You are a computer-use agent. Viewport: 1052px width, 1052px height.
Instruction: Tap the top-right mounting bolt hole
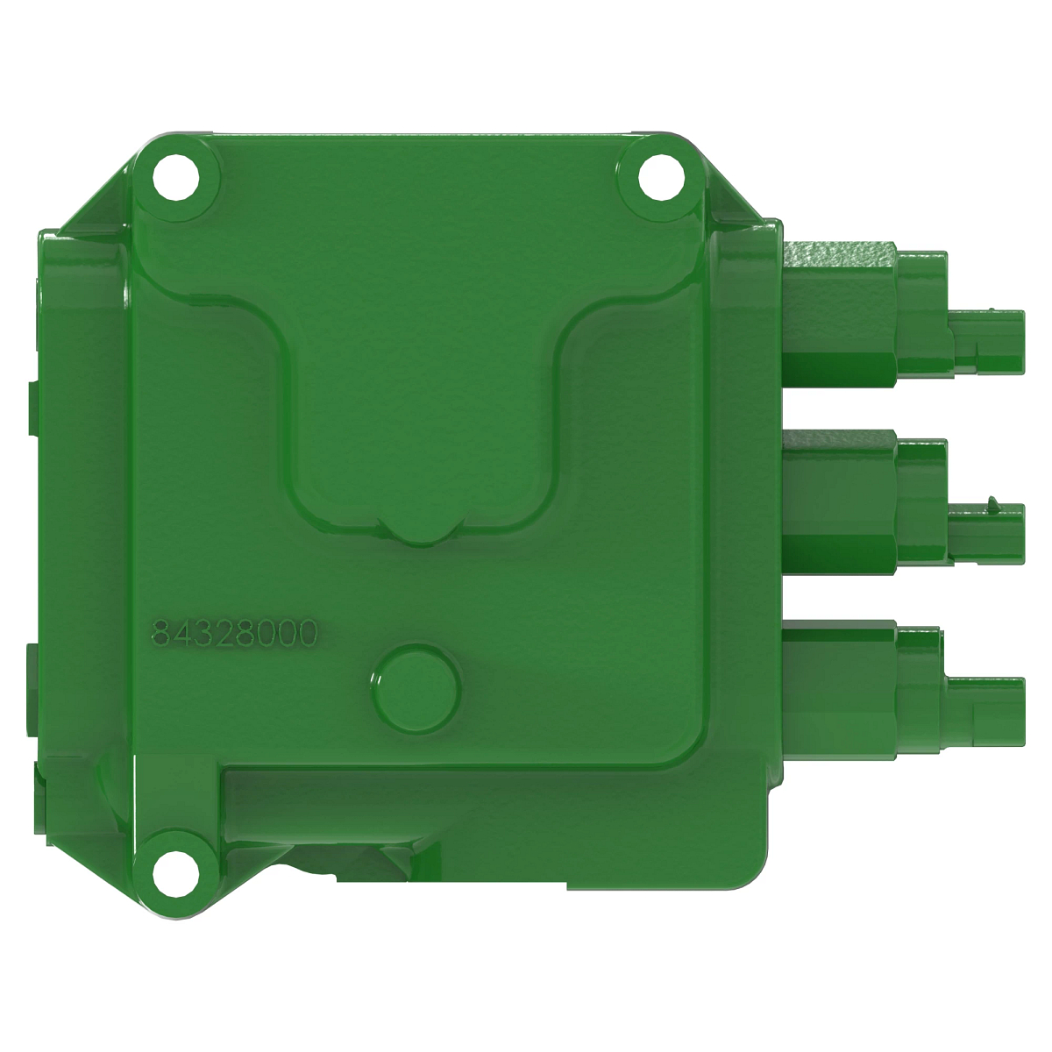(657, 179)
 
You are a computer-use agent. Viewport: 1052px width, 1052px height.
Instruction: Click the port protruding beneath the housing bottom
(351, 864)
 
